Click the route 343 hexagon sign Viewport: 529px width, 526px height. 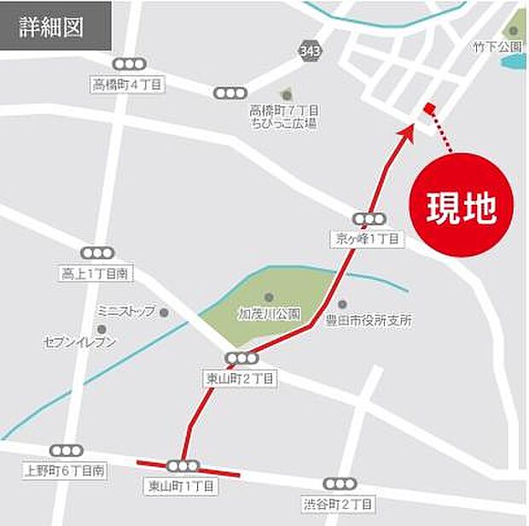click(311, 52)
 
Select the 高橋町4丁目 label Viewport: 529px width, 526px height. click(127, 84)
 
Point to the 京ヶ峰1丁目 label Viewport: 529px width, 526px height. click(364, 239)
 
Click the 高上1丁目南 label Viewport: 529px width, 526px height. click(94, 274)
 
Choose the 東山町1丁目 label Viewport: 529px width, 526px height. click(182, 486)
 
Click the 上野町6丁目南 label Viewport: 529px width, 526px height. click(65, 470)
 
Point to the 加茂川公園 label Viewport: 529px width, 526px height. click(269, 313)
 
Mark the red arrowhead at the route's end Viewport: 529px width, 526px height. click(408, 131)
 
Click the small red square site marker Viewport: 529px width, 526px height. click(428, 107)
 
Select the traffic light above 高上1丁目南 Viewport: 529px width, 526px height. click(96, 254)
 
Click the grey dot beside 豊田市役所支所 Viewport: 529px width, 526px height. click(342, 304)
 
